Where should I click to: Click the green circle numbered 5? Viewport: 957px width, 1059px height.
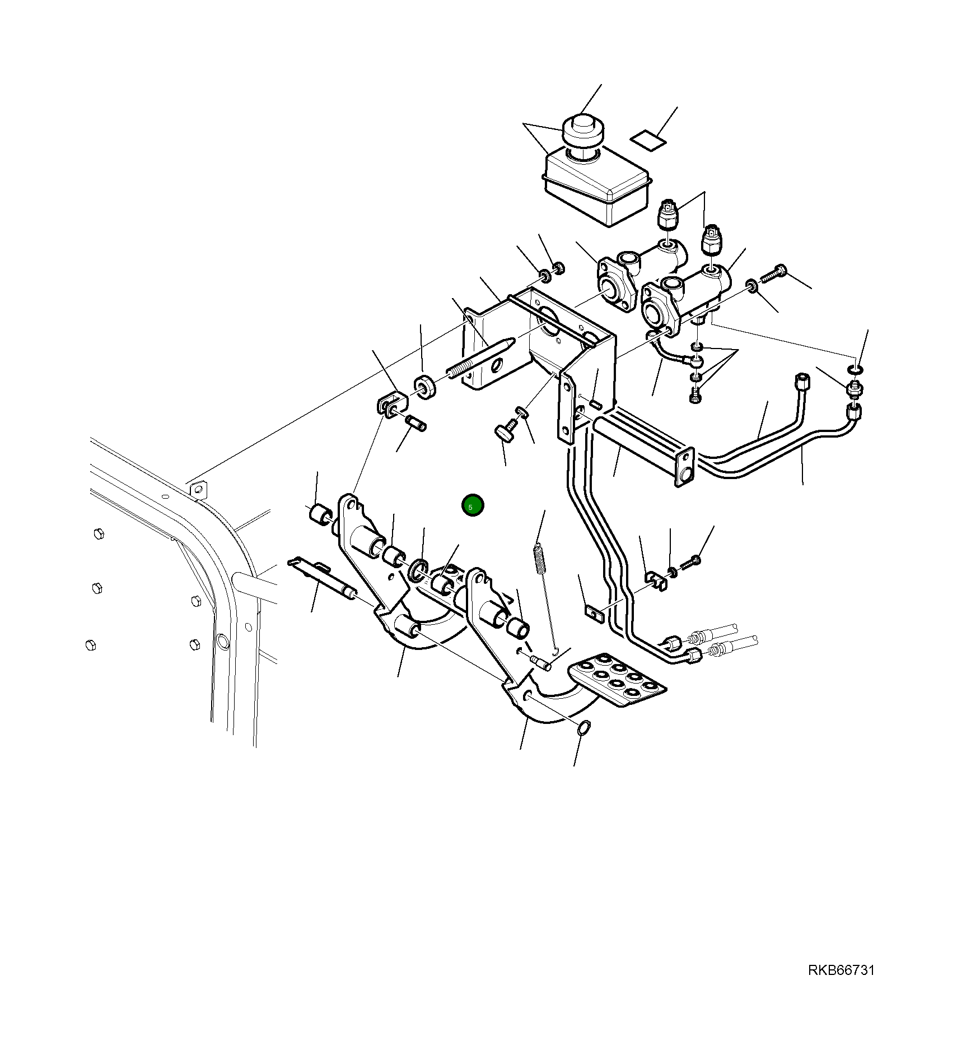click(x=472, y=506)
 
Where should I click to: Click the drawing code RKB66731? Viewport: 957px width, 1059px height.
click(x=841, y=986)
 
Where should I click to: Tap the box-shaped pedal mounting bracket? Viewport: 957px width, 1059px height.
click(x=538, y=342)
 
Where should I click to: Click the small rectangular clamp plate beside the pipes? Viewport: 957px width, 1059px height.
click(x=592, y=615)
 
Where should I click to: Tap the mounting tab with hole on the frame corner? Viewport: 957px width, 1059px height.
click(x=197, y=490)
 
